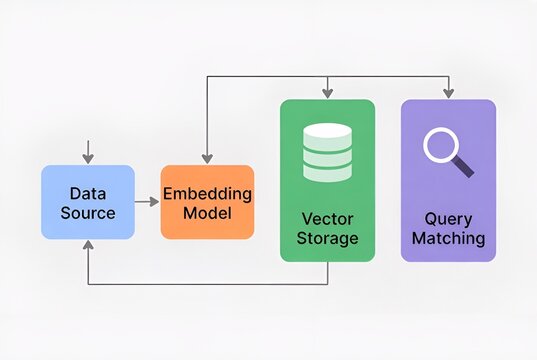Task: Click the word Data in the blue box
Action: point(88,193)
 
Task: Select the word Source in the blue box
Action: point(88,212)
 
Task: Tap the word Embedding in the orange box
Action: point(207,193)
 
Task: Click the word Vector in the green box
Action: point(327,218)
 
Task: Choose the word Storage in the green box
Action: point(327,238)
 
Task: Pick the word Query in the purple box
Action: point(448,218)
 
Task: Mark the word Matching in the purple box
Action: point(448,238)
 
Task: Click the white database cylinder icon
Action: point(327,152)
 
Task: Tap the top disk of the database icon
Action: point(327,131)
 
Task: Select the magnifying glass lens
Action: point(439,145)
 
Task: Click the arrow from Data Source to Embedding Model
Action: point(147,202)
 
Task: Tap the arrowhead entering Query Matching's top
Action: point(448,94)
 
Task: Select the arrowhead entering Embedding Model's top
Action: point(207,158)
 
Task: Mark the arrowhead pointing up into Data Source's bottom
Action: point(88,246)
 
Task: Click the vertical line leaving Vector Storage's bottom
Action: point(328,273)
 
